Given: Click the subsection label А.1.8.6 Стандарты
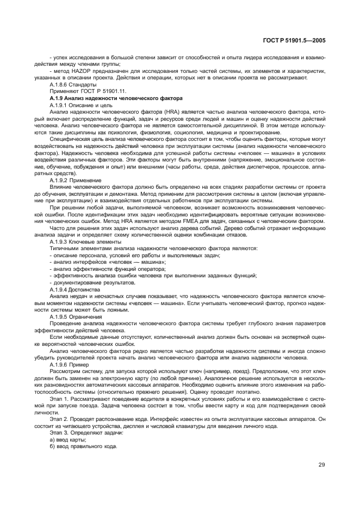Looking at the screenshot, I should tap(73, 85).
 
